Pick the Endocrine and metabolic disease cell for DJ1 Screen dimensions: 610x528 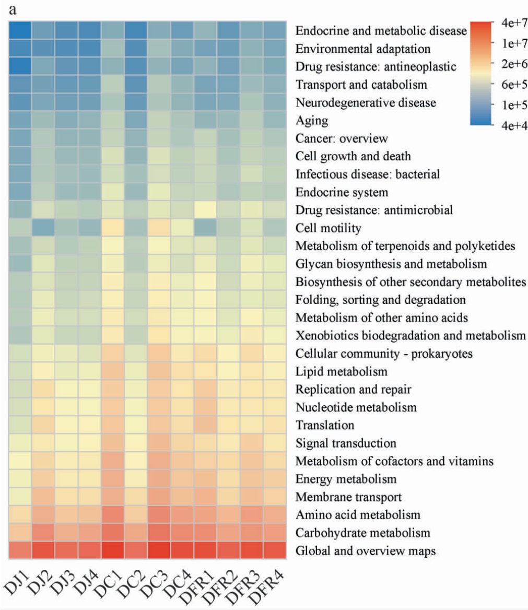click(x=20, y=31)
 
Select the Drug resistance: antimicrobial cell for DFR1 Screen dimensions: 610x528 click(x=206, y=210)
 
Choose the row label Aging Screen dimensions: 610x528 click(x=312, y=121)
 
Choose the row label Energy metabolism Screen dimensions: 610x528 click(x=346, y=478)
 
